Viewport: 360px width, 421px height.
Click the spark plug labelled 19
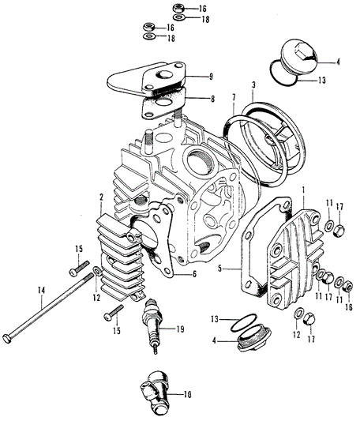pyautogui.click(x=152, y=325)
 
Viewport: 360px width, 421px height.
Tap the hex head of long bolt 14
pyautogui.click(x=7, y=338)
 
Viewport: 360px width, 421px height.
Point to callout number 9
pyautogui.click(x=211, y=77)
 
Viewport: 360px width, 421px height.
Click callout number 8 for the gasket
pyautogui.click(x=212, y=99)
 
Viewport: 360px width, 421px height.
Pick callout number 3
pyautogui.click(x=253, y=85)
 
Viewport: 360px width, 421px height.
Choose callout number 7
pyautogui.click(x=234, y=97)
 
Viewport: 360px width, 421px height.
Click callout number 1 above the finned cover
pyautogui.click(x=303, y=191)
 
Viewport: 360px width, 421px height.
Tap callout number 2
pyautogui.click(x=101, y=197)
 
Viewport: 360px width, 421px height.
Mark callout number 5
pyautogui.click(x=219, y=269)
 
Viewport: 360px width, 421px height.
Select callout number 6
pyautogui.click(x=194, y=274)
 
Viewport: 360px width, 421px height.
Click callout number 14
pyautogui.click(x=41, y=291)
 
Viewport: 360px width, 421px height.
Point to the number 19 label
pyautogui.click(x=180, y=329)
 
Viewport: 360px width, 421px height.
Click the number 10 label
pyautogui.click(x=187, y=395)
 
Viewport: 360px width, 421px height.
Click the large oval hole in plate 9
pyautogui.click(x=166, y=75)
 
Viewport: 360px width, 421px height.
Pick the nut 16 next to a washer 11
pyautogui.click(x=348, y=287)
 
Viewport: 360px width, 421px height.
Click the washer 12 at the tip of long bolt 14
pyautogui.click(x=97, y=270)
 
